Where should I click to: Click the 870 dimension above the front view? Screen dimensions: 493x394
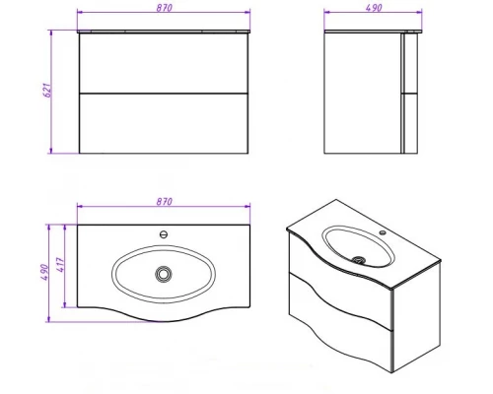(x=164, y=8)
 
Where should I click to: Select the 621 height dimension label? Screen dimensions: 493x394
(x=47, y=90)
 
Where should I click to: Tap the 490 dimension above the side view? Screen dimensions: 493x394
(x=374, y=8)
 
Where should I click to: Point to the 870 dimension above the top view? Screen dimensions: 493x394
(x=164, y=202)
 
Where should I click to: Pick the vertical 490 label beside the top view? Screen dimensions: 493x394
(x=44, y=272)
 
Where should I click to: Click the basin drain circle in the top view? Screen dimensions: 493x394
(x=164, y=274)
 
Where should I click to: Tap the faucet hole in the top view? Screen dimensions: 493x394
(x=164, y=234)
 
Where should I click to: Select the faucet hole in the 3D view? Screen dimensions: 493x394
(x=383, y=232)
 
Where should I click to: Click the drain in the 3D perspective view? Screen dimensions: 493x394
(x=359, y=260)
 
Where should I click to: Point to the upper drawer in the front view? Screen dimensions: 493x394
(x=164, y=63)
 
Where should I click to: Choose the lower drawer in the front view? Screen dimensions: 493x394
(x=164, y=123)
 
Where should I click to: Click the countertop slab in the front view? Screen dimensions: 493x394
(x=164, y=32)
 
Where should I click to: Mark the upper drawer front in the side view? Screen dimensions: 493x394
(x=409, y=63)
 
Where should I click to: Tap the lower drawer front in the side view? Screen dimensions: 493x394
(x=409, y=123)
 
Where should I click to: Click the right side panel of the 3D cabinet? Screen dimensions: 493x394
(x=416, y=317)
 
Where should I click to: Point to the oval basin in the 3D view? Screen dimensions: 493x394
(x=358, y=246)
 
